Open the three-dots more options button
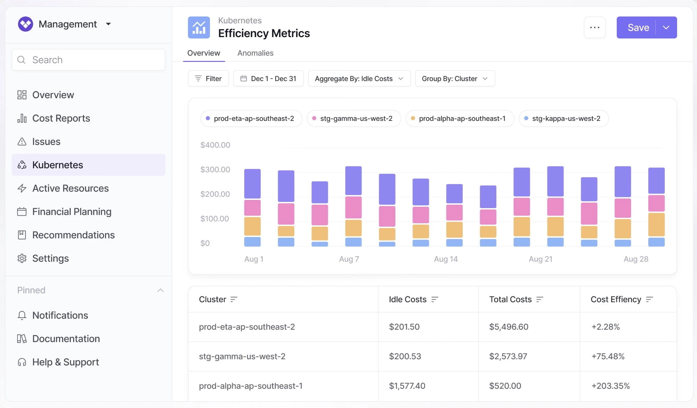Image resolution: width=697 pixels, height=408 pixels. [x=595, y=27]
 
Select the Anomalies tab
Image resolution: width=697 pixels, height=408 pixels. [x=255, y=53]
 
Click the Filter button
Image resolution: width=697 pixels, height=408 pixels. [x=208, y=79]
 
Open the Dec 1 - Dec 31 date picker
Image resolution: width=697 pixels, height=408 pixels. [x=268, y=79]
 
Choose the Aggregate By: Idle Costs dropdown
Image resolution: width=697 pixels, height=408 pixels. [x=359, y=79]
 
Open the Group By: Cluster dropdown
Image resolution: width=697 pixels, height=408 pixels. [x=455, y=79]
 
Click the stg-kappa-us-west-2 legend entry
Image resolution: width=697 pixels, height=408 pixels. [x=564, y=118]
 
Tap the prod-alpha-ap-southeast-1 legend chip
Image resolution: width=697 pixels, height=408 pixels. [x=460, y=118]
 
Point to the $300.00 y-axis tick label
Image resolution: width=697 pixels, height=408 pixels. [x=215, y=169]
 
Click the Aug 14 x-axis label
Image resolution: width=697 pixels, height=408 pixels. [x=446, y=259]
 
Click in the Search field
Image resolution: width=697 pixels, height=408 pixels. [x=88, y=60]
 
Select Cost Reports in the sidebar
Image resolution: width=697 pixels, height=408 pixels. [x=61, y=118]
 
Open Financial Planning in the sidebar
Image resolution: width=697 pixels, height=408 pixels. [x=72, y=212]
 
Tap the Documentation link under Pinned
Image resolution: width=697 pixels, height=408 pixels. [x=66, y=339]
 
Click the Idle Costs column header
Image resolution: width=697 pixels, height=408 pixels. [x=407, y=299]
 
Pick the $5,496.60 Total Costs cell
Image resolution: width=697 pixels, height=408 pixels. [x=509, y=327]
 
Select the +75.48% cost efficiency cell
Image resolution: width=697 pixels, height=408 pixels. [x=608, y=356]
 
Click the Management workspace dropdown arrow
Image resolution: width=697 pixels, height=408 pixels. [x=108, y=24]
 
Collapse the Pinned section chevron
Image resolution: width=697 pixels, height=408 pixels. [x=160, y=290]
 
